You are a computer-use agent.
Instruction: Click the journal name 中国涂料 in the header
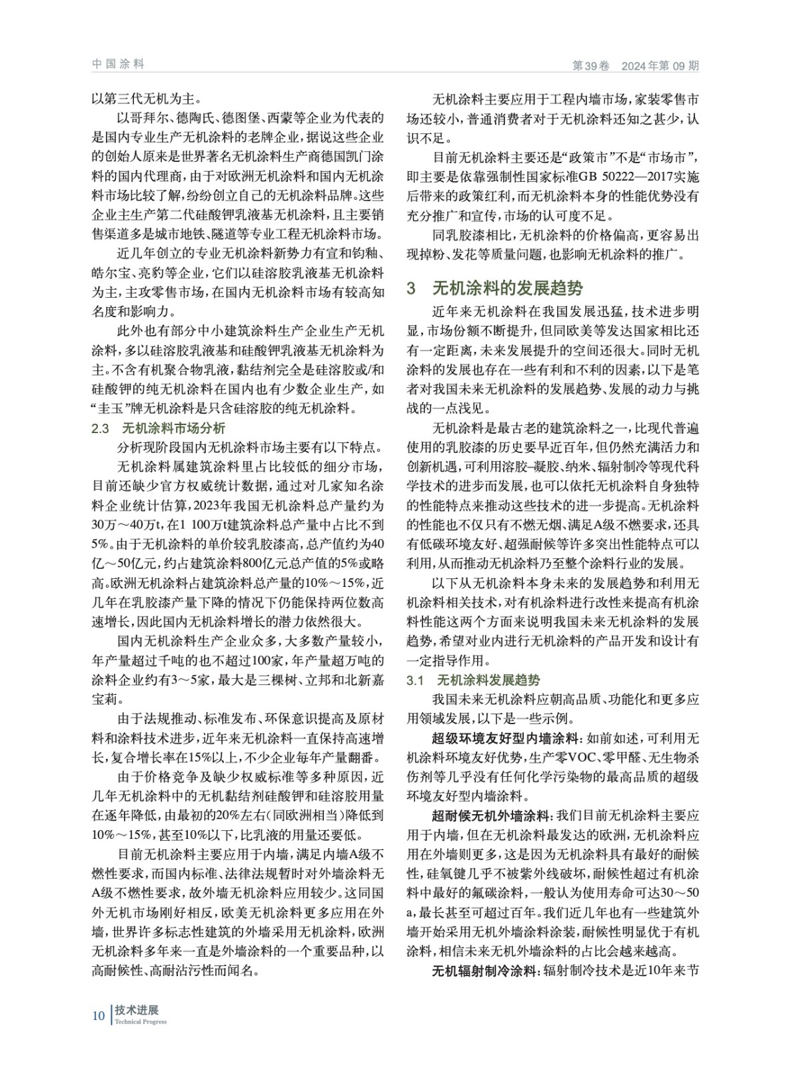click(x=118, y=64)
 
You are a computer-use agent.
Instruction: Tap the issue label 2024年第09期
click(x=660, y=66)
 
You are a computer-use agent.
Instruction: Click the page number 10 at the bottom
click(x=99, y=1015)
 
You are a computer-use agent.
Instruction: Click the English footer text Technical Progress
click(x=141, y=1021)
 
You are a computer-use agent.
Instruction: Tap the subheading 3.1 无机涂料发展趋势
click(x=473, y=680)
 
